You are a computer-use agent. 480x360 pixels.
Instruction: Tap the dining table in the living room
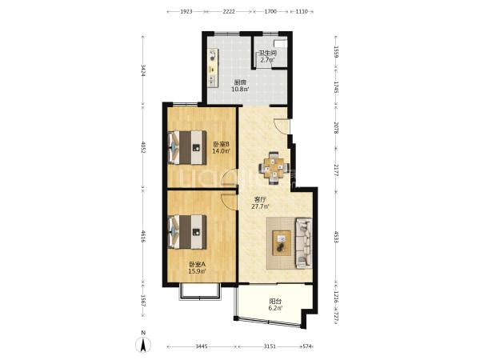[274, 168]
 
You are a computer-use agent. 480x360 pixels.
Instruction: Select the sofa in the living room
[304, 243]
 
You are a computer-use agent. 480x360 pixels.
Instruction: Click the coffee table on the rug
[282, 242]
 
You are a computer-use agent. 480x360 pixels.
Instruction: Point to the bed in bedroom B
[187, 147]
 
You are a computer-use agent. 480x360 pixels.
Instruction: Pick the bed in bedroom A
[187, 232]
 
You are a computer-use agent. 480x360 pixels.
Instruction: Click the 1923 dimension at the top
[186, 12]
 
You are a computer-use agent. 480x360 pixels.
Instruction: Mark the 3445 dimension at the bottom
[202, 346]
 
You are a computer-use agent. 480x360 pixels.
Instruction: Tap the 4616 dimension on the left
[142, 237]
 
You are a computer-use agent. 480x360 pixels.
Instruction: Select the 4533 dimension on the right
[336, 237]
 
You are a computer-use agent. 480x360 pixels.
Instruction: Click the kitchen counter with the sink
[213, 68]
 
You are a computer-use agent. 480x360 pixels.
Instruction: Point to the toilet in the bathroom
[282, 43]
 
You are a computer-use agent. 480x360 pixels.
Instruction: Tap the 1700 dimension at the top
[270, 12]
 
